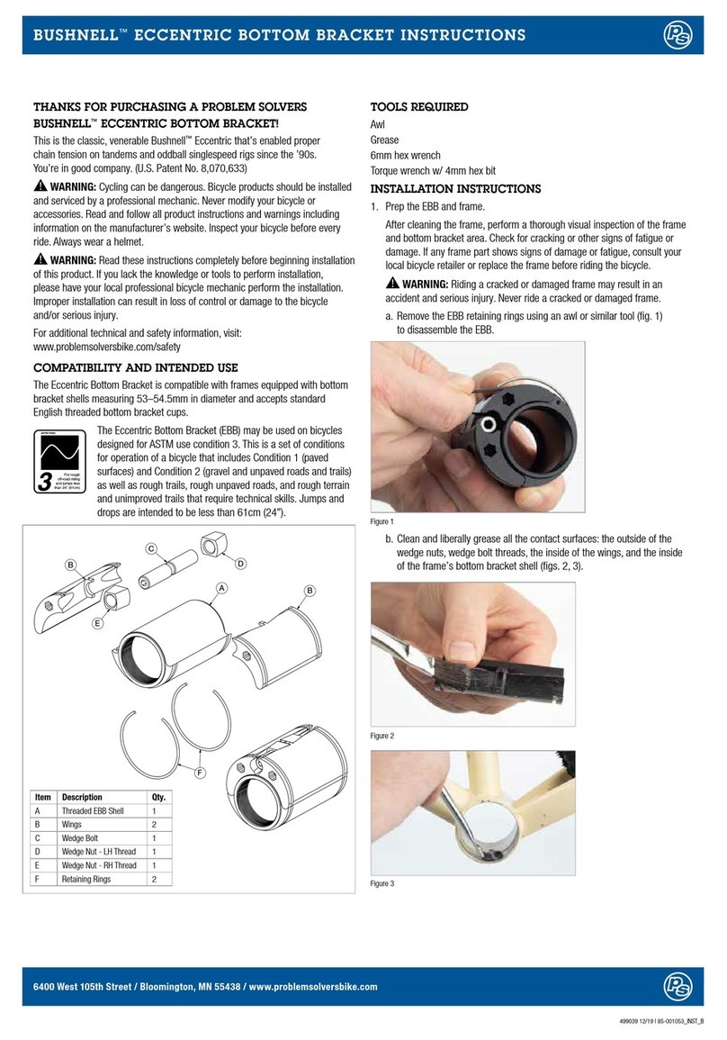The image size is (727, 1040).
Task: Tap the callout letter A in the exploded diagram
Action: coord(219,586)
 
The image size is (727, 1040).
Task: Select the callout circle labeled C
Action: coord(151,548)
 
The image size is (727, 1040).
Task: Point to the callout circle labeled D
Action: coord(240,564)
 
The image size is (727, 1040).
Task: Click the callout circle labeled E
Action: coord(96,622)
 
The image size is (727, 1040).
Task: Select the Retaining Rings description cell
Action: coord(86,879)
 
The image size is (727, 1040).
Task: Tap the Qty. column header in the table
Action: coord(158,798)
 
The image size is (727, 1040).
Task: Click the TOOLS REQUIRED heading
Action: coord(419,107)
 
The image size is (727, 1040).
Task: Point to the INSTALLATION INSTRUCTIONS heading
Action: coord(456,189)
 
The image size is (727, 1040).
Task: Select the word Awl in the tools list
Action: coord(380,125)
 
